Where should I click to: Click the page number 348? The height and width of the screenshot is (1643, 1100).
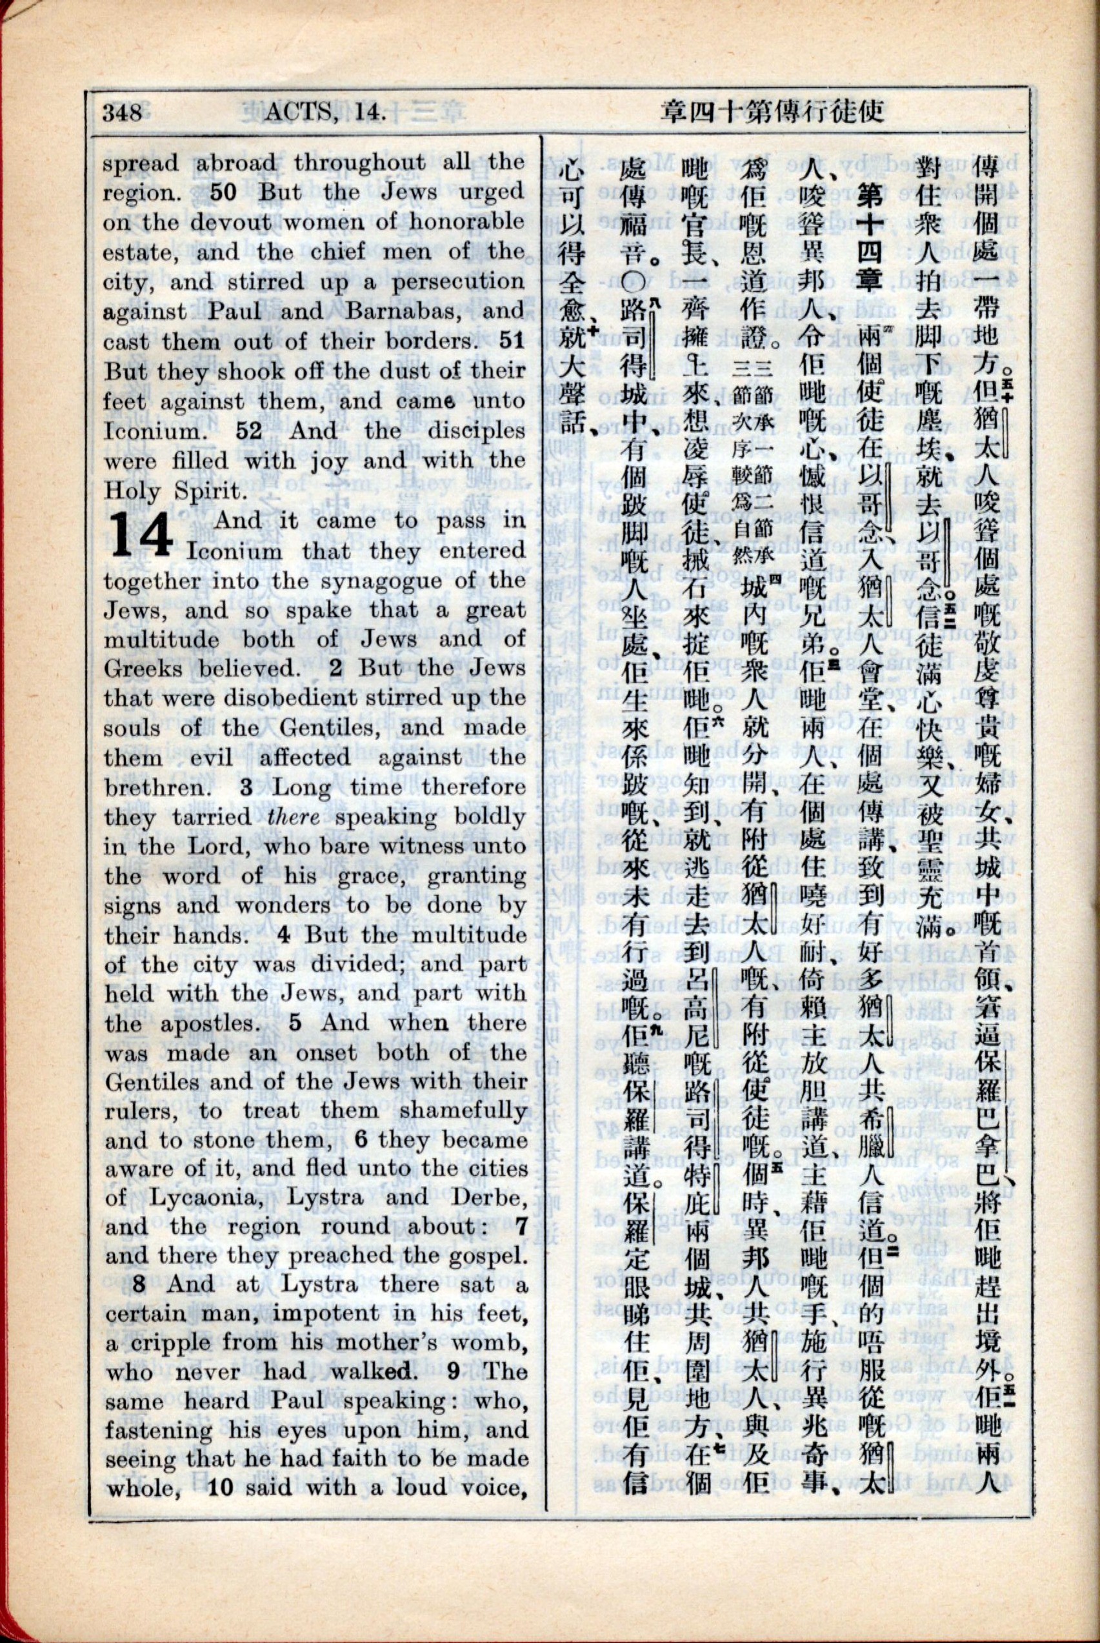(x=122, y=112)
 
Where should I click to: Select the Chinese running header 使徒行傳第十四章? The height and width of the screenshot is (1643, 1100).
(x=772, y=112)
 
